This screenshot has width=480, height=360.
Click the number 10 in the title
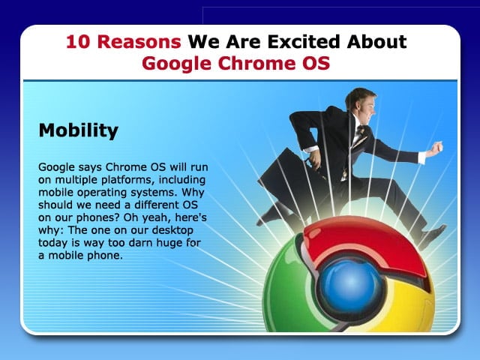click(x=78, y=42)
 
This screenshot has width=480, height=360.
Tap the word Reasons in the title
click(x=139, y=42)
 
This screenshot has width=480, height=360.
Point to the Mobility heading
click(x=78, y=130)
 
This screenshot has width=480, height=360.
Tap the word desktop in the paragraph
click(x=172, y=229)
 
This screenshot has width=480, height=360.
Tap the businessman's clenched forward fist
click(x=435, y=149)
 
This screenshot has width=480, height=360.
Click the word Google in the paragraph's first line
click(x=56, y=168)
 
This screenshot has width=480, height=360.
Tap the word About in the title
click(x=376, y=42)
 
